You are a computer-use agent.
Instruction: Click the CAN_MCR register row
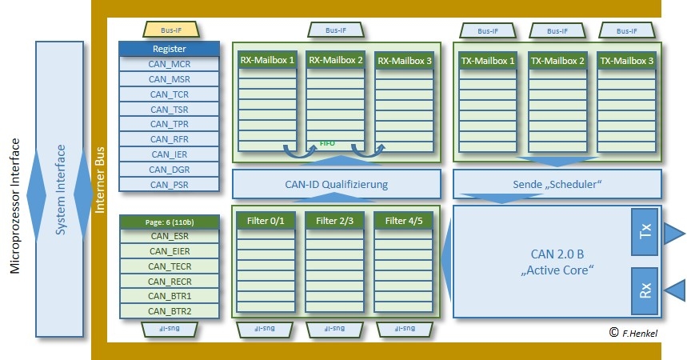(169, 64)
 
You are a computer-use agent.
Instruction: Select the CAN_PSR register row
(169, 184)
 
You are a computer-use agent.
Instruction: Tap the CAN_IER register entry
(169, 154)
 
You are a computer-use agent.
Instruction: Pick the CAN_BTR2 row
(169, 311)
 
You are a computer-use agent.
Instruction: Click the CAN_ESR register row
(169, 236)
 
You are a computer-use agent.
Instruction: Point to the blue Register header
(169, 49)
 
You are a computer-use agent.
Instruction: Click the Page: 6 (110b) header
(169, 222)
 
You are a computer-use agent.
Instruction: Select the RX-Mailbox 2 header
(336, 60)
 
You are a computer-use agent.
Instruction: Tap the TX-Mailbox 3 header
(626, 61)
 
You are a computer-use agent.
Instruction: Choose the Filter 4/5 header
(405, 221)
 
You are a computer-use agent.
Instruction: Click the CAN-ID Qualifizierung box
(336, 184)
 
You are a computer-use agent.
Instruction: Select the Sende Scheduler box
(557, 184)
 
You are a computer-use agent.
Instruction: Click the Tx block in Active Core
(645, 233)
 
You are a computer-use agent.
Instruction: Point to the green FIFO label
(327, 144)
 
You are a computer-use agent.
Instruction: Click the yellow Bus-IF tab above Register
(170, 30)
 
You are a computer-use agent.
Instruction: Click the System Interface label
(60, 190)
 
